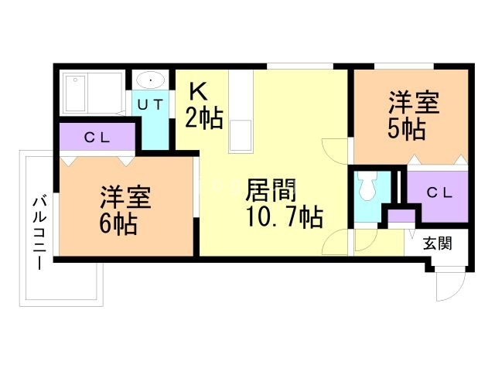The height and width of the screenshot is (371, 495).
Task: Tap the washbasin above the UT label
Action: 151,81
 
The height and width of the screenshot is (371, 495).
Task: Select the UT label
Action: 151,105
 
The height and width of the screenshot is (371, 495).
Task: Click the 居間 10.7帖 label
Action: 284,203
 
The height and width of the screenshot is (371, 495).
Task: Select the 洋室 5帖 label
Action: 414,116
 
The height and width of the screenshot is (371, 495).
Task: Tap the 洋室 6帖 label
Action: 124,211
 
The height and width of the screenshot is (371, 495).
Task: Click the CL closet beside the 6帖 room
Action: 97,138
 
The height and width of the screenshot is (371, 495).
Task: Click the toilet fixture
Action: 365,186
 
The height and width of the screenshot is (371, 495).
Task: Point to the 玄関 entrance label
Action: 437,244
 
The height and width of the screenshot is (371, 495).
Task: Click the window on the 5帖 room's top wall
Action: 402,64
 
